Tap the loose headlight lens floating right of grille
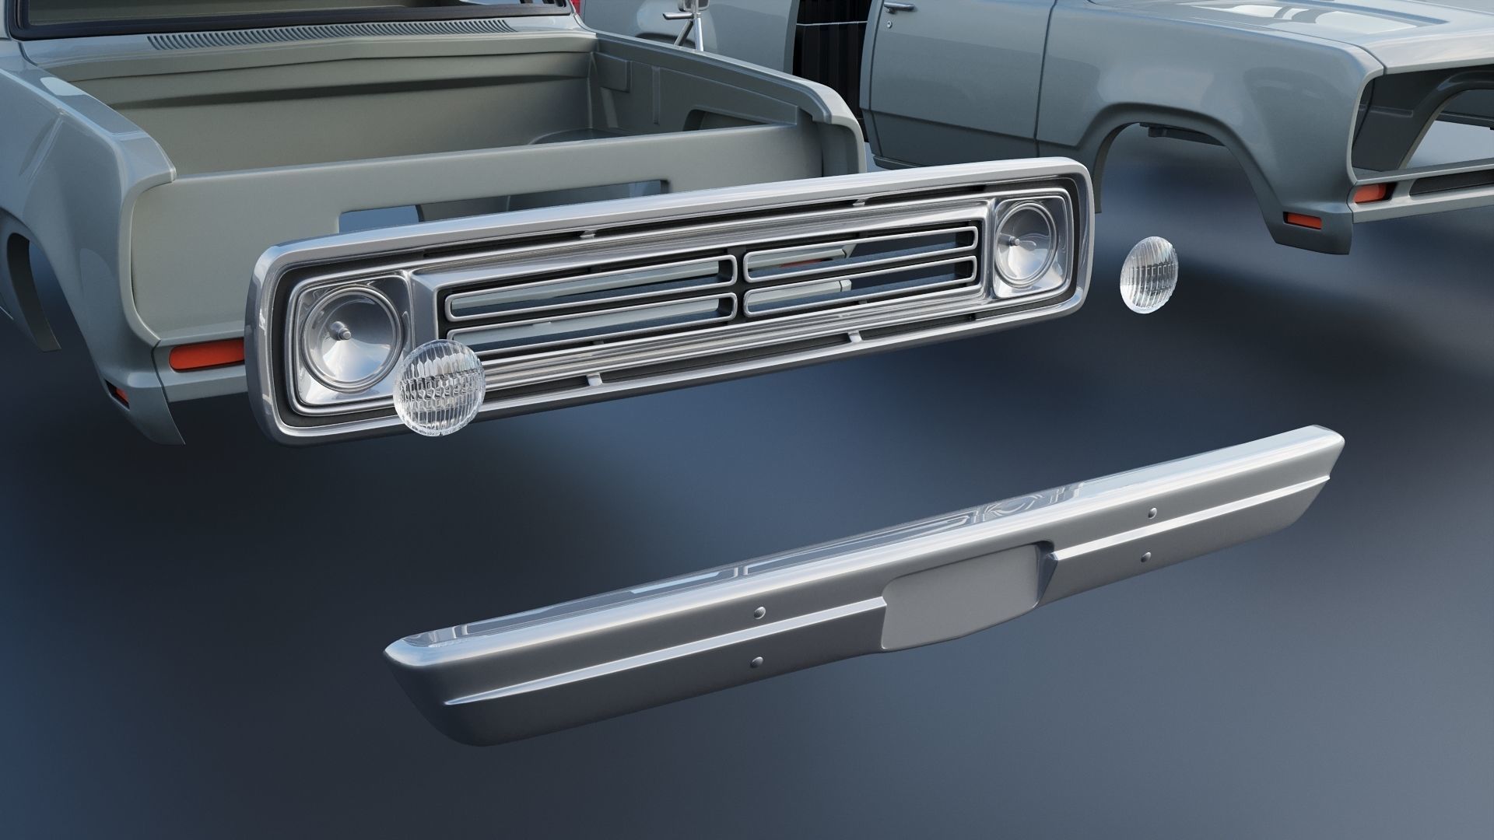pyautogui.click(x=1148, y=276)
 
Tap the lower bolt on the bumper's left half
pyautogui.click(x=756, y=663)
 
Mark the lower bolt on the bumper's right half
pyautogui.click(x=1146, y=556)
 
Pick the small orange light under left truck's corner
pyautogui.click(x=121, y=394)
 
